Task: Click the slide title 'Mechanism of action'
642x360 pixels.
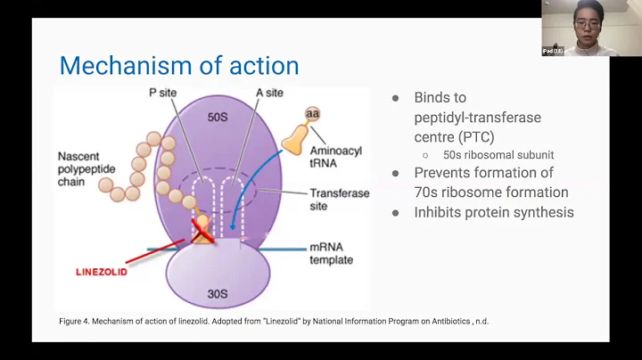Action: (178, 65)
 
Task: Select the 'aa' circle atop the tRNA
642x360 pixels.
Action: (312, 113)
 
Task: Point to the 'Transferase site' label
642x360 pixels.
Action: (339, 199)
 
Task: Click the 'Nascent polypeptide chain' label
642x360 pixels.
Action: (85, 168)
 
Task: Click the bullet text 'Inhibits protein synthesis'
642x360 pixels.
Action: (494, 212)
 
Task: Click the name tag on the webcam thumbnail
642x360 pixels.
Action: (553, 51)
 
